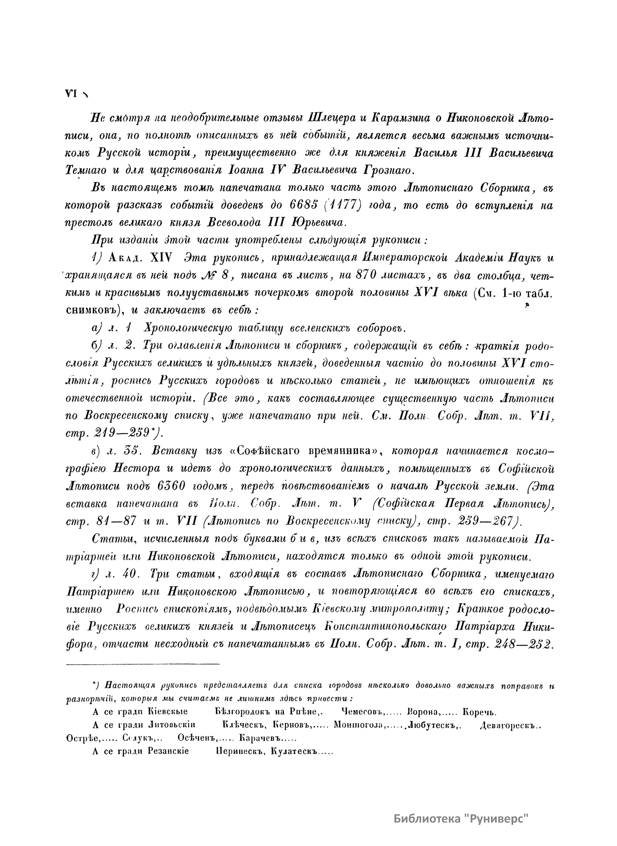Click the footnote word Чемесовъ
(x=364, y=712)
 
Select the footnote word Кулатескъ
(x=295, y=751)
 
